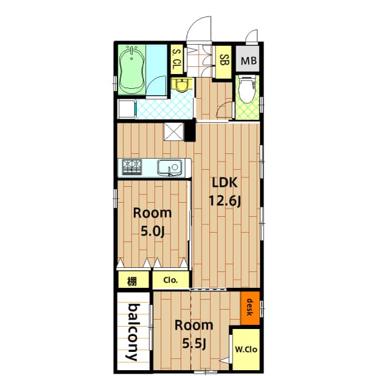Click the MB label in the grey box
pos(249,61)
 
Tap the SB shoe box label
pos(224,60)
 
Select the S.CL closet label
pos(177,59)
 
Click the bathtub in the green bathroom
pos(132,70)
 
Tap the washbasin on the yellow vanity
pos(182,85)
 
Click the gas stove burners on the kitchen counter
pos(132,167)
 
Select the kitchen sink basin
pos(169,168)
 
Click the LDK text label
pos(224,183)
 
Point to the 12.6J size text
pos(224,201)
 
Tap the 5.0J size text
pos(153,231)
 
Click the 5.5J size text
pos(194,344)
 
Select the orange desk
pos(250,308)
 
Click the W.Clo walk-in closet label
pos(246,350)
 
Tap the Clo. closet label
pos(170,280)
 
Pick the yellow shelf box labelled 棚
pos(134,280)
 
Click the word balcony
pos(133,333)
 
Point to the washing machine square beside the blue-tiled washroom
pos(126,109)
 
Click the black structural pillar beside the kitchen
pos(190,131)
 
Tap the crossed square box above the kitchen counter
pos(174,132)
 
